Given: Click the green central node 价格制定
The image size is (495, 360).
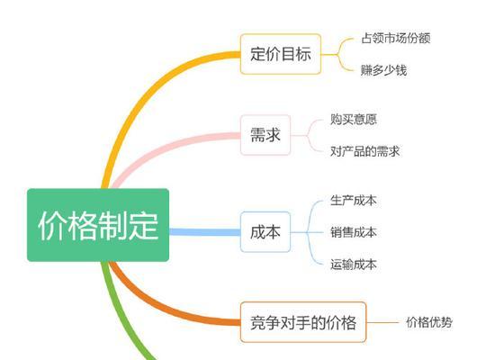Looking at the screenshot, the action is point(98,225).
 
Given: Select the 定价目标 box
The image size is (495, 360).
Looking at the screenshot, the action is point(281,54).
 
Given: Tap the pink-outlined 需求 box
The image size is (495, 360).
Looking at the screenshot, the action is point(265,135).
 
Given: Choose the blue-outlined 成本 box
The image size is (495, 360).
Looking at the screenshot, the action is point(265,232).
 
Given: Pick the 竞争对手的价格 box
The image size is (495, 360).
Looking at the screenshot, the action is point(303,322).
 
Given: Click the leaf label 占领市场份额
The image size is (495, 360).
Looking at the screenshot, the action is point(396,38).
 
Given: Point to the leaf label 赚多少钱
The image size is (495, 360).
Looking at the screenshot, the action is point(384,70).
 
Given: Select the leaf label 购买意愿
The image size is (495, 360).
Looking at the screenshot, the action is point(354,119).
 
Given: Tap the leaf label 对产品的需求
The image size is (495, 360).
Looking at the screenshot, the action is point(365,151).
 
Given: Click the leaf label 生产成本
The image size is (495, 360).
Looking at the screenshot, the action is point(354,200).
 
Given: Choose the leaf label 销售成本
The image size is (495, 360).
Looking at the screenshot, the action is point(354,232).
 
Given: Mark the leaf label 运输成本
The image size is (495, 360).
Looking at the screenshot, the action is point(354,265).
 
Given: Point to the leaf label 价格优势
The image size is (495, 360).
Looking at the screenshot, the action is point(429,322).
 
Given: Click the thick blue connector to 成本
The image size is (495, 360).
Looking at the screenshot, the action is point(205,232).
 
